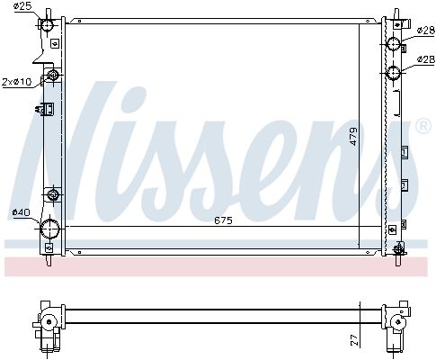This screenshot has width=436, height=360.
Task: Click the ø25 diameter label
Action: [22, 6]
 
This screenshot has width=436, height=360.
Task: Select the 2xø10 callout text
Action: [17, 82]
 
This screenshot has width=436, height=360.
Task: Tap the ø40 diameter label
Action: [21, 212]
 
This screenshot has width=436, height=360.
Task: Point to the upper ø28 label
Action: [426, 30]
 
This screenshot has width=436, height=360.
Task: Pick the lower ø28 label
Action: [426, 59]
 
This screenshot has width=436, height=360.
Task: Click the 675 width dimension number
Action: [223, 220]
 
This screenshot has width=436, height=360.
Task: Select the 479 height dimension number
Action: [353, 137]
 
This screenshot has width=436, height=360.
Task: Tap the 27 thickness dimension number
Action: [354, 340]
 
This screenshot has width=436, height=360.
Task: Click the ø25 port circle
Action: [47, 25]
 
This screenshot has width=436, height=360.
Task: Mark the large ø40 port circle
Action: [49, 229]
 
